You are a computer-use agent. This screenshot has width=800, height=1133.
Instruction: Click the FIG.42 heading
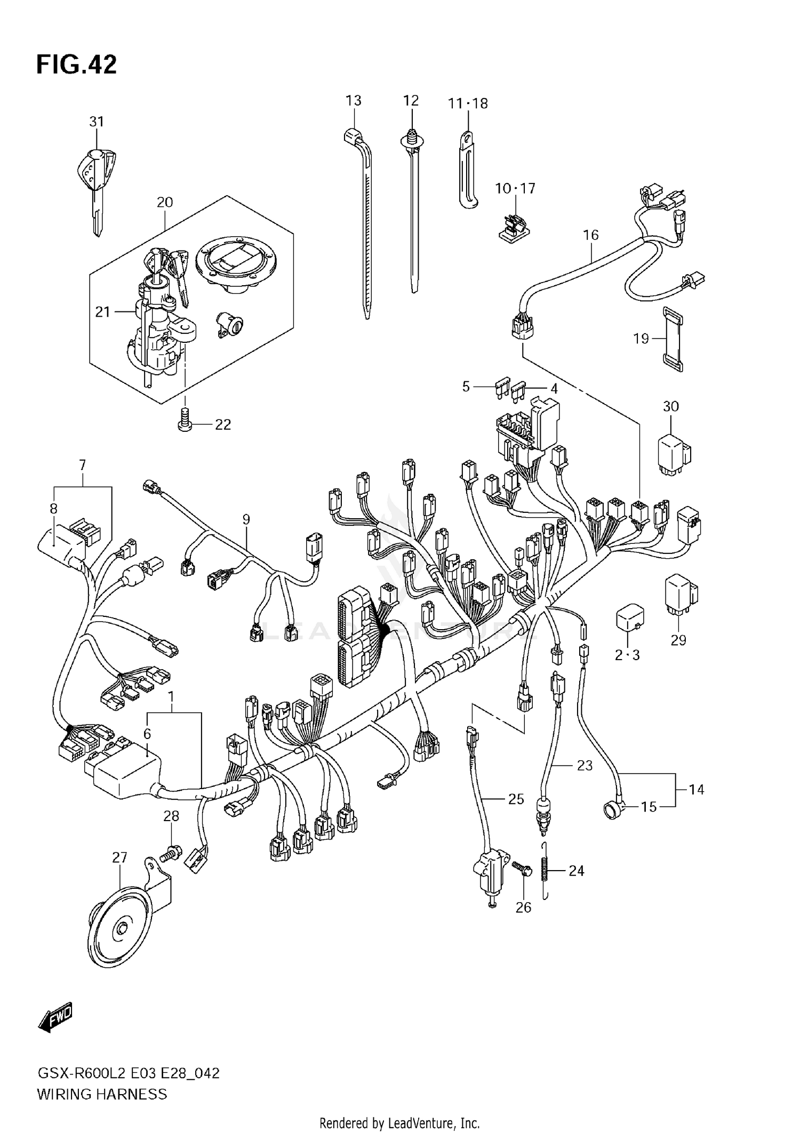coord(76,65)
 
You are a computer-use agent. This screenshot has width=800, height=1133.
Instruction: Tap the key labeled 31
coord(96,176)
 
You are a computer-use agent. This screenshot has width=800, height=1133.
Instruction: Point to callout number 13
coord(353,100)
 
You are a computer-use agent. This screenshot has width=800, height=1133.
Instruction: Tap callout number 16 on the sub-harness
coord(590,235)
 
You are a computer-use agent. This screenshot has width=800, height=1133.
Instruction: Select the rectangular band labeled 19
coord(674,339)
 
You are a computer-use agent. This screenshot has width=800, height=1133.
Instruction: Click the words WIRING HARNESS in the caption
coord(102,1094)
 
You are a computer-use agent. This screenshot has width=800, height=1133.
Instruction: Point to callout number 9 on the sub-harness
coord(246,519)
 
